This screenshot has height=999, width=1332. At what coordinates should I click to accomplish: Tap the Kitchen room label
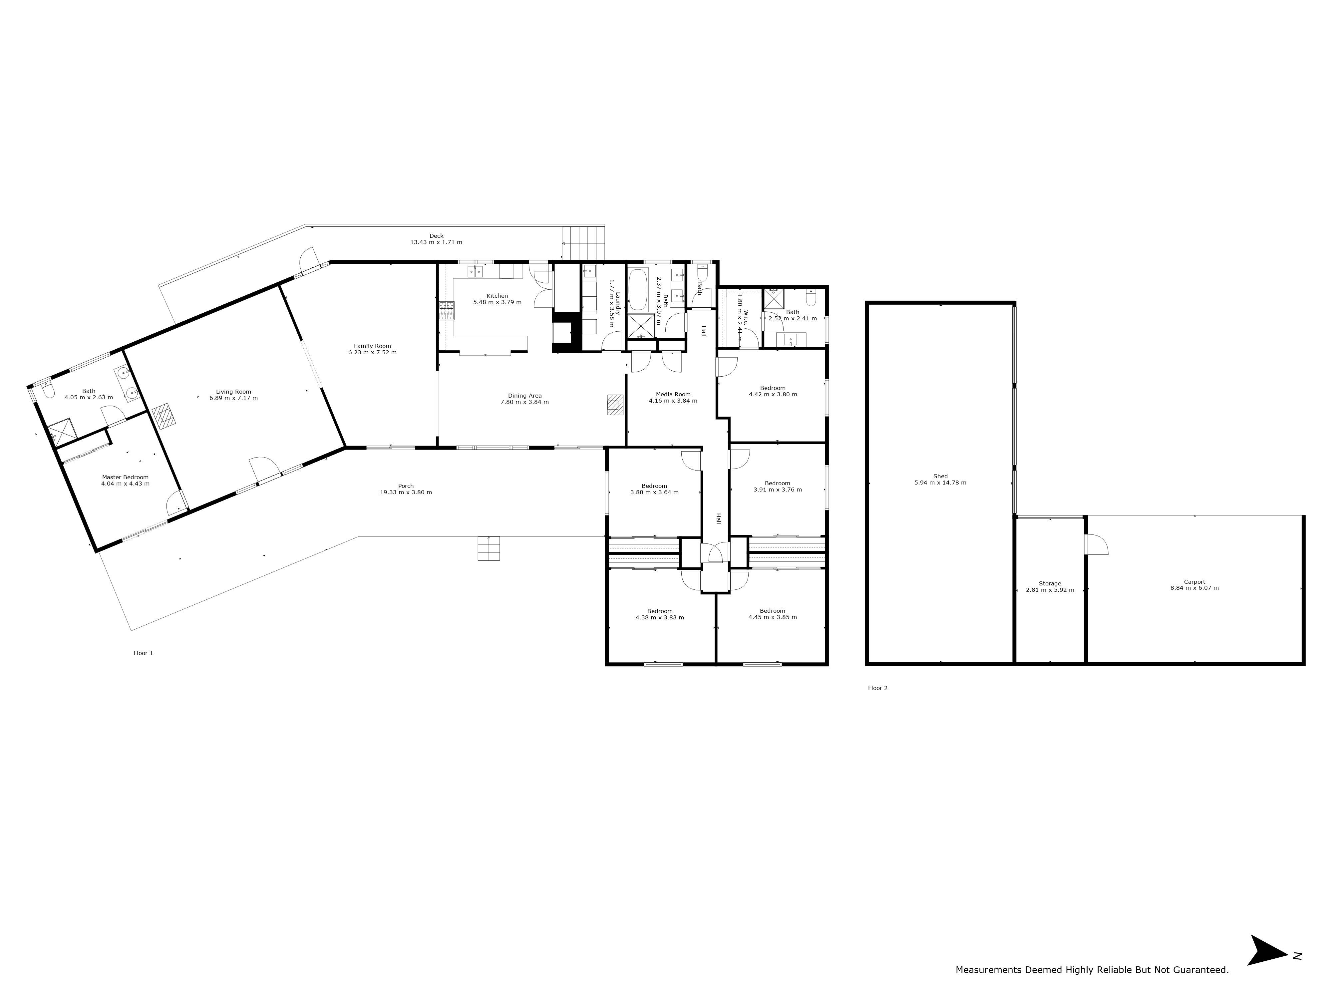click(x=498, y=296)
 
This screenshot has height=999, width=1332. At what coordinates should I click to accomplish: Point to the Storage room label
click(x=1050, y=583)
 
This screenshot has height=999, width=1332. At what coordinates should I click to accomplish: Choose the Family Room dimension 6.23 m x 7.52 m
click(x=372, y=352)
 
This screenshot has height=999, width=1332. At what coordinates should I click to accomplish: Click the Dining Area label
click(x=524, y=396)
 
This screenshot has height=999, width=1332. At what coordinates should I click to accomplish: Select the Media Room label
click(x=673, y=394)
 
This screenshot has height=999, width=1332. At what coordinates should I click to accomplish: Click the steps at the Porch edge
click(x=489, y=548)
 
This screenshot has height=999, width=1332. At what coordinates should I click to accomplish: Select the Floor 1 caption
click(x=143, y=653)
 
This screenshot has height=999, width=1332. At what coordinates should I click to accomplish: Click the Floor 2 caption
click(x=877, y=688)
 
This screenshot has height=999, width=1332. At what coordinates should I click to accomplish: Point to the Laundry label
click(x=618, y=303)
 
